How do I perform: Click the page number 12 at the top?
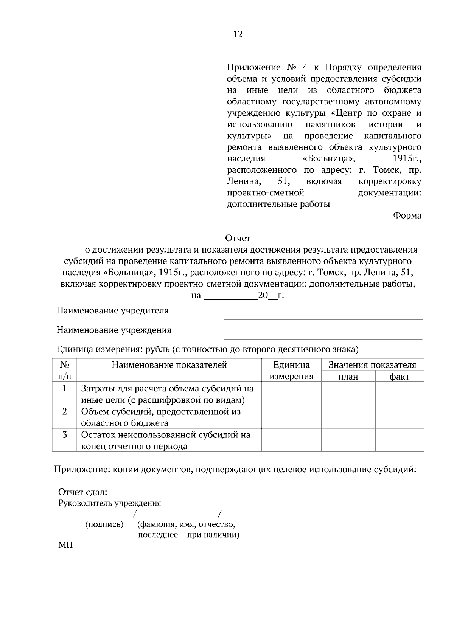coord(238,34)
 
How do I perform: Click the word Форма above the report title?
coord(407,216)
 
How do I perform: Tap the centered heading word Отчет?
coord(238,238)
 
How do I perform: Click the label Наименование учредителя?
coord(112,311)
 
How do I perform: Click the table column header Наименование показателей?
coord(169,365)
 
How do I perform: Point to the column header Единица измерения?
coord(291,371)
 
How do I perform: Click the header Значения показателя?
coord(372,365)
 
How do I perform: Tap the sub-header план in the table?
coord(348,377)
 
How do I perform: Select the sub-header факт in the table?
coord(400,377)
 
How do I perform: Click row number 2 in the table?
coord(65,411)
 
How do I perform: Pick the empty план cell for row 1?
coord(348,394)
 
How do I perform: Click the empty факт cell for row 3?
coord(400,440)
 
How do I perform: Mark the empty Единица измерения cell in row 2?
coord(291,417)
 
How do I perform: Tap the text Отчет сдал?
coord(82,492)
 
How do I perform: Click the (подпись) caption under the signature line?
coord(104,524)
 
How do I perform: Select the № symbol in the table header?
coord(65,365)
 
